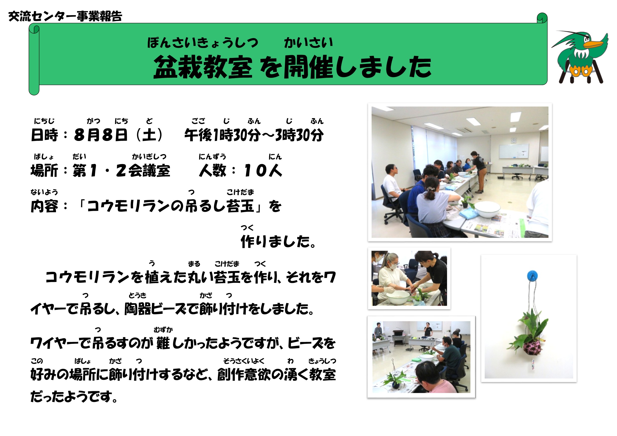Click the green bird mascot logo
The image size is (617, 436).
coord(580,57)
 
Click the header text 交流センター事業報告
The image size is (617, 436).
coord(65,16)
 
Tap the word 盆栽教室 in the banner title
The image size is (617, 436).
coord(203,67)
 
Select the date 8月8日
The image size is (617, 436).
coord(101,135)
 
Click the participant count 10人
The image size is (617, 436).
coord(263,170)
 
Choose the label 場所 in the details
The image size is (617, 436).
coord(44,170)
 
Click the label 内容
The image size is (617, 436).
coord(44,206)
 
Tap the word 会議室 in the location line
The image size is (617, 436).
coord(149,170)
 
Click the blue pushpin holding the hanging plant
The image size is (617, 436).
coord(532,276)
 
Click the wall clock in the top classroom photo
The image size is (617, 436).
coord(514,140)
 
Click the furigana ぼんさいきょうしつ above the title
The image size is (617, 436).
coord(203,43)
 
